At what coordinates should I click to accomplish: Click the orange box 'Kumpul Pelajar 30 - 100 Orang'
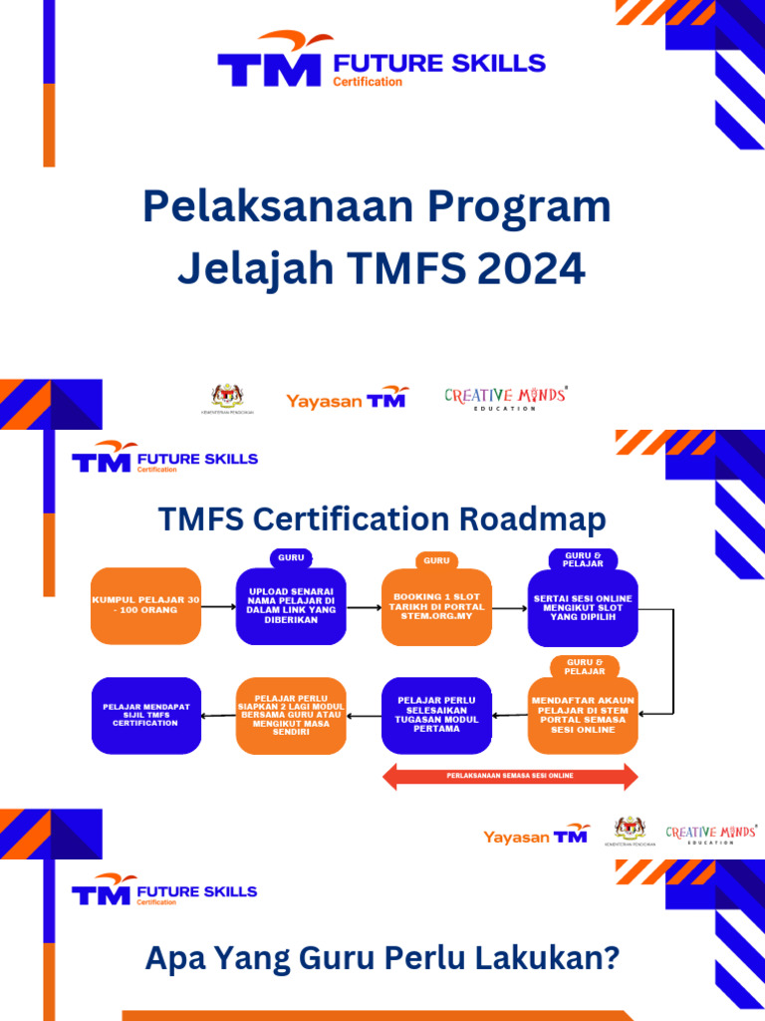point(145,605)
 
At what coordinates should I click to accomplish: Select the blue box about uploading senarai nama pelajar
point(291,605)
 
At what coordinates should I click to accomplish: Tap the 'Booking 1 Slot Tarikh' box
point(436,605)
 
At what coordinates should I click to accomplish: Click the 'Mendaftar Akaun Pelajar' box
point(583,715)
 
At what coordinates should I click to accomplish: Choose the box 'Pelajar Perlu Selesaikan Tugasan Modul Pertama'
point(436,715)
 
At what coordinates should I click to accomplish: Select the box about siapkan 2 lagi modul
point(291,715)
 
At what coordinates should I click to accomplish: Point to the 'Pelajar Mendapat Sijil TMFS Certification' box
point(145,715)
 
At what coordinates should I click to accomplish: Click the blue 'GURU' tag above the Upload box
point(291,557)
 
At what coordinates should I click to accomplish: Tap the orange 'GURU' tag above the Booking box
point(436,559)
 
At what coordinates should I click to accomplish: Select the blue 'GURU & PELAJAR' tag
point(583,559)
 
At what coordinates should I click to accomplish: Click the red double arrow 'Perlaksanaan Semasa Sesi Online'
point(510,775)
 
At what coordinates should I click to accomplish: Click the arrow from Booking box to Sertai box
point(509,606)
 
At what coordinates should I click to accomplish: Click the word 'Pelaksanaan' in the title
point(276,206)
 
